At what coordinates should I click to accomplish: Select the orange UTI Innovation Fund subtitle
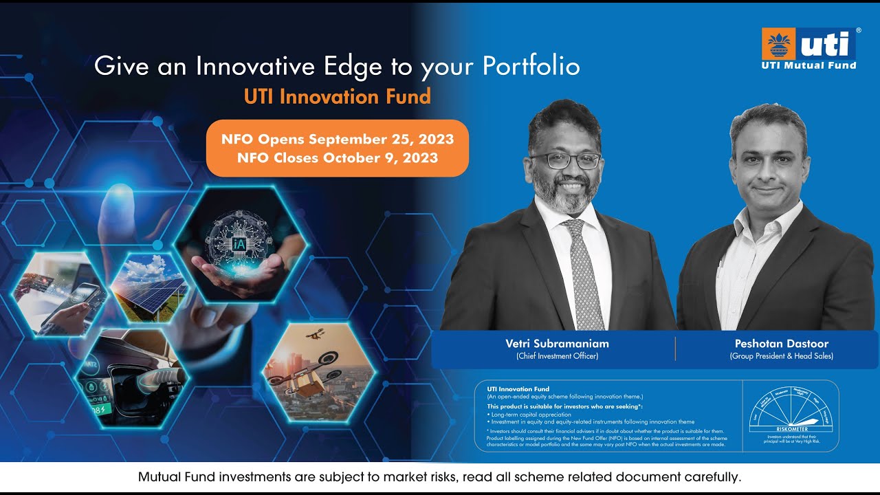(337, 96)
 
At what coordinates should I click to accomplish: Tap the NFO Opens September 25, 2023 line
(337, 140)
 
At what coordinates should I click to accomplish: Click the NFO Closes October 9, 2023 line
(337, 158)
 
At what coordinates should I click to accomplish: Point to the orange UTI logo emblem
(778, 45)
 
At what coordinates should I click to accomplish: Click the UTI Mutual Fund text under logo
(808, 65)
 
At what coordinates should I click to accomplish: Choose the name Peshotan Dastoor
(781, 344)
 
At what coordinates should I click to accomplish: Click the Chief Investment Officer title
(557, 356)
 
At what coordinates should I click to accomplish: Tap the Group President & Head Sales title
(781, 356)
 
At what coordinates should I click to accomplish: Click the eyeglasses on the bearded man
(564, 161)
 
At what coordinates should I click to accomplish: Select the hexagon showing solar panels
(149, 287)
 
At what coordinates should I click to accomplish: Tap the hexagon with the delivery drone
(319, 373)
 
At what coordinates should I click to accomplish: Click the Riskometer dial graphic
(791, 412)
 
